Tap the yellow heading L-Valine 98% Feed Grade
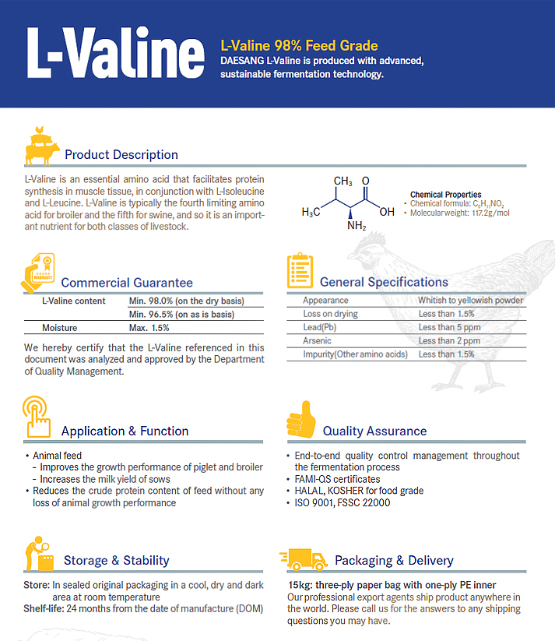pos(299,46)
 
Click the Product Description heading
pos(121,154)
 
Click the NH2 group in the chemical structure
pos(356,227)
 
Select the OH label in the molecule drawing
pos(386,211)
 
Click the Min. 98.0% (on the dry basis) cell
pos(186,301)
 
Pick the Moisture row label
pos(60,328)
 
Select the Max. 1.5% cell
pos(149,328)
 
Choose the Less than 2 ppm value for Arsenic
pos(449,340)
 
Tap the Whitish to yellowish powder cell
pos(470,300)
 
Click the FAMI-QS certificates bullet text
pos(337,479)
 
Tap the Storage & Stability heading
pos(116,560)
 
